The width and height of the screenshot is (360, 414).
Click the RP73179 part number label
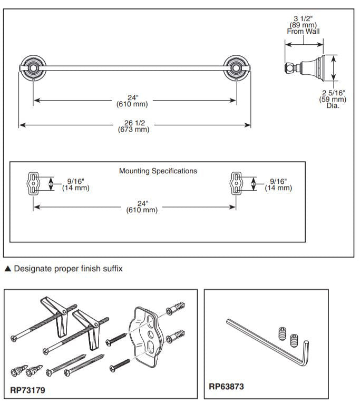point(27,391)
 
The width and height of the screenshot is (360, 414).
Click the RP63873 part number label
point(226,387)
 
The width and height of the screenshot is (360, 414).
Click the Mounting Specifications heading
point(158,171)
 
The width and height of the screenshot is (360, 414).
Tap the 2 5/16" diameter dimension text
point(334,99)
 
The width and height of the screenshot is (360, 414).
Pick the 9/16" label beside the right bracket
point(278,184)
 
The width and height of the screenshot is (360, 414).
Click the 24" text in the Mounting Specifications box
point(142,206)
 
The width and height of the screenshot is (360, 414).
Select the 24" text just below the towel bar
point(132,100)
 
